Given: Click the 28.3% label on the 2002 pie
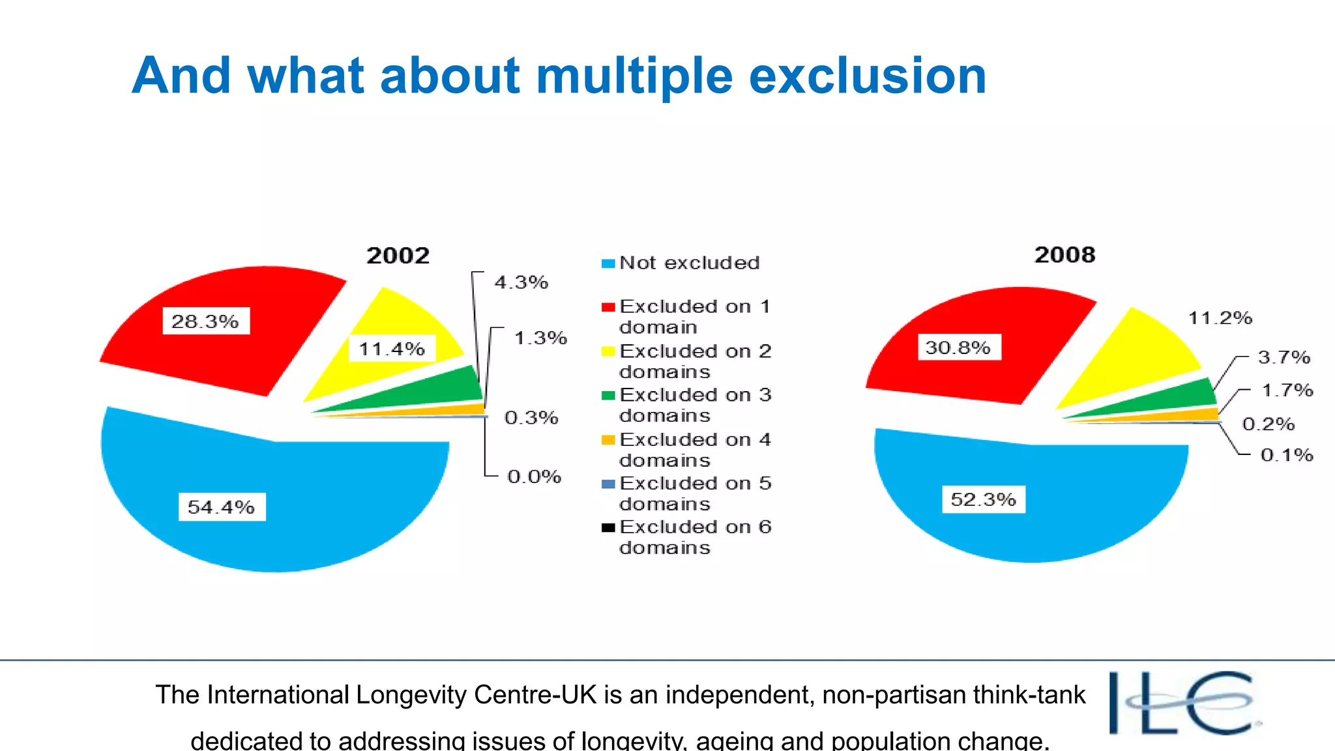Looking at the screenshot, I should click(205, 321).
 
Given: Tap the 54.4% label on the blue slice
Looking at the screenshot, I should click(222, 507).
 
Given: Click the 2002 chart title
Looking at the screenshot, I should click(398, 255).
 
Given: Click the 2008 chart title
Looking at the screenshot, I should click(1064, 254).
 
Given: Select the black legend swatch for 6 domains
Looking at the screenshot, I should click(608, 527).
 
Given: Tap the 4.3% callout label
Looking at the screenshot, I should click(521, 282).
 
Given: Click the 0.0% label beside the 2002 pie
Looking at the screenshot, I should click(534, 477).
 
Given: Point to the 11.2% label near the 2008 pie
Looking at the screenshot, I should click(1220, 318).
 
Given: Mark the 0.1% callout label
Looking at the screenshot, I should click(1286, 454).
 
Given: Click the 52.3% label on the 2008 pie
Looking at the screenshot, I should click(983, 499).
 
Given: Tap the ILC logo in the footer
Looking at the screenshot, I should click(1183, 703).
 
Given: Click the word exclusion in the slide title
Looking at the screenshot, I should click(867, 76).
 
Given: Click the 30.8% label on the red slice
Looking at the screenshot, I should click(958, 347).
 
